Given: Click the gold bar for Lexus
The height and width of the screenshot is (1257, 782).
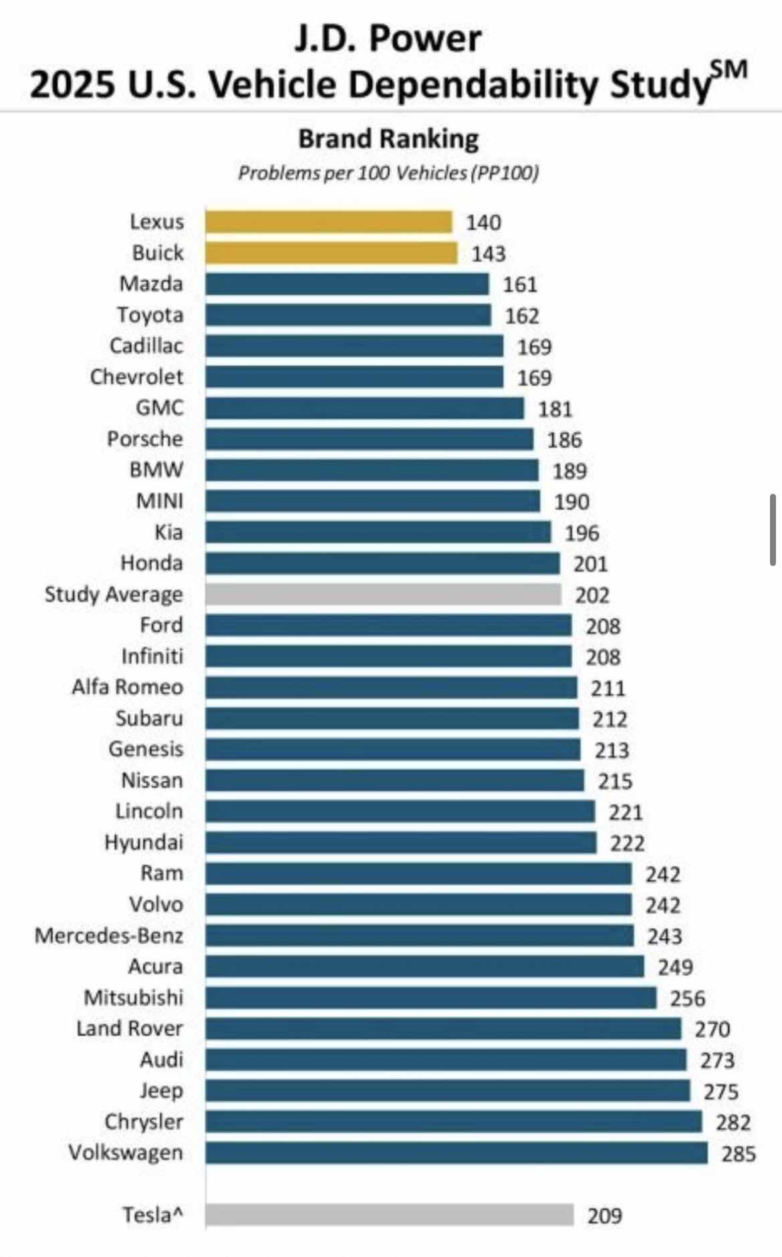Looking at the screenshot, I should [328, 222].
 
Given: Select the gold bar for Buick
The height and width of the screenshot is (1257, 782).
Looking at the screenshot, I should [331, 253].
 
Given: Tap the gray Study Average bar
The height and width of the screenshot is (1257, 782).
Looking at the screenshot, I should [383, 594].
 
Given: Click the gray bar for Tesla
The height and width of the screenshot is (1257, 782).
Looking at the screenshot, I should [389, 1214].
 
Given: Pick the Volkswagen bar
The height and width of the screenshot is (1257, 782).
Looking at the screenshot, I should [456, 1153].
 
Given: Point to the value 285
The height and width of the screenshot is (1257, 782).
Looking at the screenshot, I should [739, 1153].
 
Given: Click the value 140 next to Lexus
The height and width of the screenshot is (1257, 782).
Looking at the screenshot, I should [483, 223].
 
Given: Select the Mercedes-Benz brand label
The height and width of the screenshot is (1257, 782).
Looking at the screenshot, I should [109, 936].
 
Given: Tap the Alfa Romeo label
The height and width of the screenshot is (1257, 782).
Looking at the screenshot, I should [128, 687].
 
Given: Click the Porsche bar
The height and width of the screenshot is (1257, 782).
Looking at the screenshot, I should [369, 439].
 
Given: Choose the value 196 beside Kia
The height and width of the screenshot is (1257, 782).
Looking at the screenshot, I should [582, 533].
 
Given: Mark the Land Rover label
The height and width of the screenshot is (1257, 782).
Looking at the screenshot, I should [130, 1028].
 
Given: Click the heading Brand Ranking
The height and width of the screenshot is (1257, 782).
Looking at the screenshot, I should [388, 139].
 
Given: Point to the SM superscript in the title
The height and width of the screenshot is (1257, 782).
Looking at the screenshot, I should [728, 70].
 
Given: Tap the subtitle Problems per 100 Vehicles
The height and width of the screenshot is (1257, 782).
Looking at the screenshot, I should [388, 173].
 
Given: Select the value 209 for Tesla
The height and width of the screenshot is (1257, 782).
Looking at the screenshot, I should [605, 1215].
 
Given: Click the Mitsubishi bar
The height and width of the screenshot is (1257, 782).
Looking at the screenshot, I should [430, 998].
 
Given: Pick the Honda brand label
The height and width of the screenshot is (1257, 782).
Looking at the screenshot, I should [152, 563].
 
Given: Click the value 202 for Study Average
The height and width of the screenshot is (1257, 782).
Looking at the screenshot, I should [592, 595].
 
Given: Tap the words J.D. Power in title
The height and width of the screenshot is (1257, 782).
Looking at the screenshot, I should [388, 38].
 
